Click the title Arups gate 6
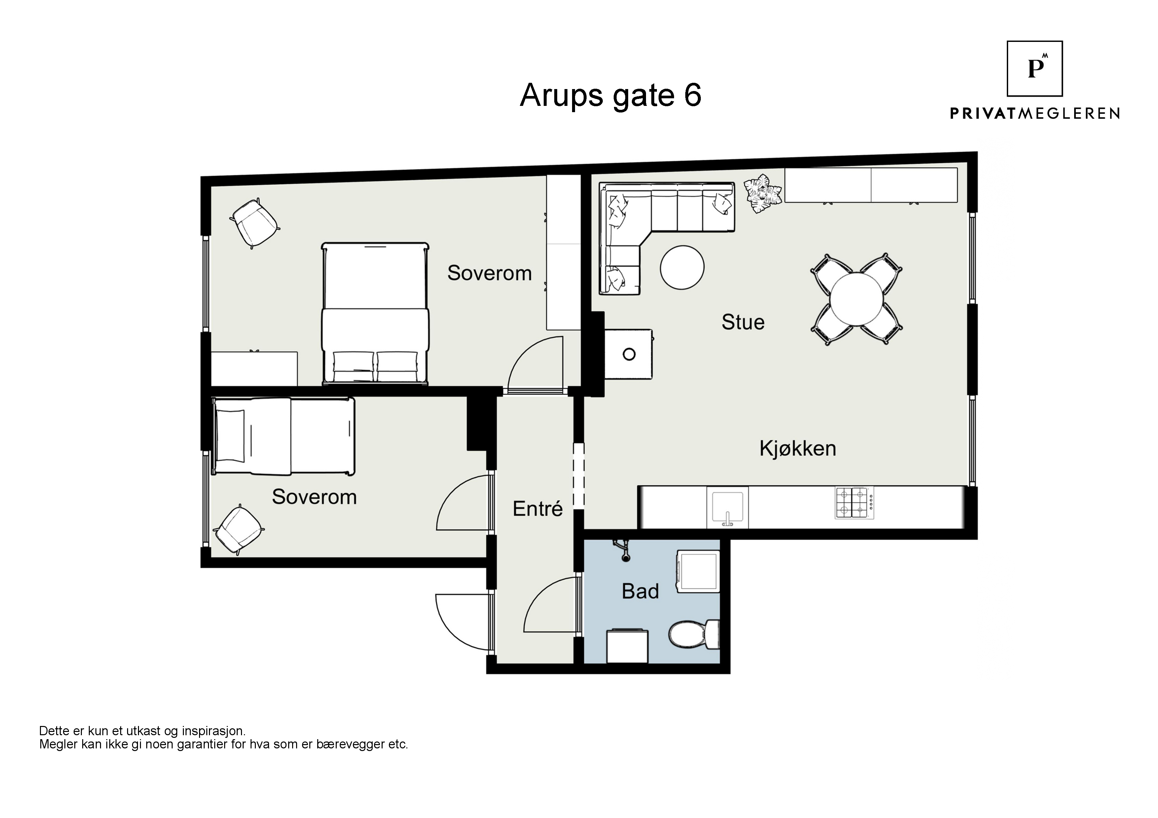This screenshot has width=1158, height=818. [610, 95]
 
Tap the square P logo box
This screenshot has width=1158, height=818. [1035, 69]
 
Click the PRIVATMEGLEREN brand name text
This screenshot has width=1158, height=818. [1035, 113]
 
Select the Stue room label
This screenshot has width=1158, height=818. [743, 322]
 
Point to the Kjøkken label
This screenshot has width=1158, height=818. [798, 448]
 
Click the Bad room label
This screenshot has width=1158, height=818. [640, 591]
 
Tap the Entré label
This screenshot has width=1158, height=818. [538, 509]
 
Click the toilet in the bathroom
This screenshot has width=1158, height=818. [694, 634]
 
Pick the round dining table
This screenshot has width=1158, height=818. [856, 299]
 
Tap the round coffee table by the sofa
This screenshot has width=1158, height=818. [682, 267]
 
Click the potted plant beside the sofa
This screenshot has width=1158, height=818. [764, 193]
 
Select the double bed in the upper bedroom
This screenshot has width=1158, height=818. [375, 313]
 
